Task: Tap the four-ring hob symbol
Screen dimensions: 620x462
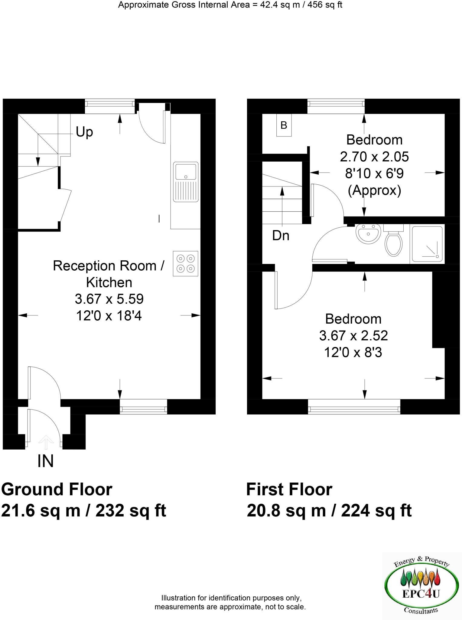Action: pyautogui.click(x=186, y=263)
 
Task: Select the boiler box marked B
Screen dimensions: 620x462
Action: pyautogui.click(x=284, y=125)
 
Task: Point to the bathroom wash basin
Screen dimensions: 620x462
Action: pyautogui.click(x=368, y=233)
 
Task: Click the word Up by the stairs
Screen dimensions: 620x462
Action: pyautogui.click(x=84, y=132)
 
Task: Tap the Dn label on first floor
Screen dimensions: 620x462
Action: pyautogui.click(x=281, y=236)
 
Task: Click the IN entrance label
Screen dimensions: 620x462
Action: pyautogui.click(x=46, y=461)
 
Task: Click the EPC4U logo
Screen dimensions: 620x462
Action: pyautogui.click(x=421, y=585)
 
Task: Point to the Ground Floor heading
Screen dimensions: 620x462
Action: pyautogui.click(x=57, y=490)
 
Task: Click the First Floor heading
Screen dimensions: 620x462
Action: pyautogui.click(x=289, y=490)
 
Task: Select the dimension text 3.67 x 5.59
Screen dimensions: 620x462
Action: pyautogui.click(x=109, y=299)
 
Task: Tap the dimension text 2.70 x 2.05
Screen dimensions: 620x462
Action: pyautogui.click(x=374, y=157)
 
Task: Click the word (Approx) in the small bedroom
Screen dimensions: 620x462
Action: pyautogui.click(x=374, y=191)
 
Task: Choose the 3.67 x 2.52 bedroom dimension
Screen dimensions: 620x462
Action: pyautogui.click(x=353, y=336)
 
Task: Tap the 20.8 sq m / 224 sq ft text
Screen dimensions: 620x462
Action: pyautogui.click(x=329, y=511)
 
